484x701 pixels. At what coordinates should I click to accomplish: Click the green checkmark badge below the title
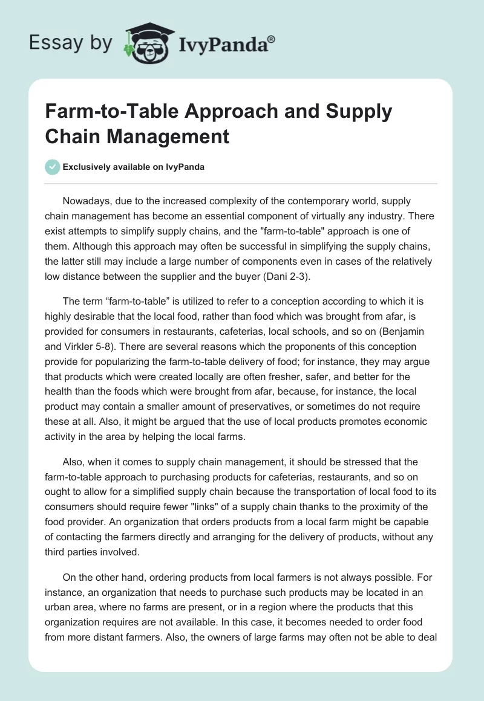pos(53,167)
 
